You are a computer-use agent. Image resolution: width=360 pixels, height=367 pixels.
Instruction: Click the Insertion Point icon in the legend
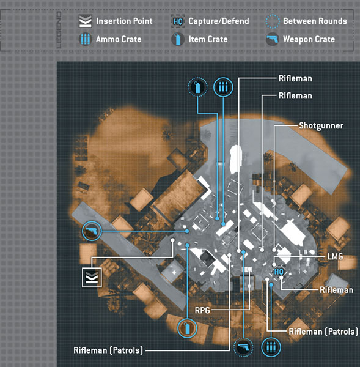(85, 21)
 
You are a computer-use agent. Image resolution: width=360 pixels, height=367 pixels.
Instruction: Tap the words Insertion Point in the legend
(124, 21)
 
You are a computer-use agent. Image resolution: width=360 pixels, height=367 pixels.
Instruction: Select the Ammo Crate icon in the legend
(85, 39)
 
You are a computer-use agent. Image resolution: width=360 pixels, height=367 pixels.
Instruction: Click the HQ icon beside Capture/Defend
(178, 21)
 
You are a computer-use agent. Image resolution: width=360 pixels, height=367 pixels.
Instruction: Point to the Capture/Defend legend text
(219, 21)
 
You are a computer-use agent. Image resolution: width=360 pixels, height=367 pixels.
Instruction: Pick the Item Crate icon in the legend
(178, 39)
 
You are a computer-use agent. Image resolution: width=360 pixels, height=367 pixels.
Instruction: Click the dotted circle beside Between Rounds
(273, 21)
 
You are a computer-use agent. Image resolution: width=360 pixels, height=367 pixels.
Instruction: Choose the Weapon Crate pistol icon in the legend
(273, 39)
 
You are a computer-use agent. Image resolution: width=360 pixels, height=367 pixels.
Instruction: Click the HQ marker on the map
(279, 272)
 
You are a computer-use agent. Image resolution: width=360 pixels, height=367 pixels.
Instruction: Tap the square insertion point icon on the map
(92, 277)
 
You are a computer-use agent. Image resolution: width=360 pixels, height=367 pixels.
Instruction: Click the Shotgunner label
(321, 125)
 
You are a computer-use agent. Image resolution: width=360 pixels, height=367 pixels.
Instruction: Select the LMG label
(335, 256)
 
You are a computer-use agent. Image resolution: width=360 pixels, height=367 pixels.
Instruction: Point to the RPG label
(202, 310)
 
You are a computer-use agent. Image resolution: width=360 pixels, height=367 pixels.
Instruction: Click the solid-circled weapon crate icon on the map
(92, 231)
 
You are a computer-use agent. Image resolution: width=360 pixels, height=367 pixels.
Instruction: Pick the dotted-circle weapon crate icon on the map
(243, 347)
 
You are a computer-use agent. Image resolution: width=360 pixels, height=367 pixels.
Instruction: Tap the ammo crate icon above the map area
(223, 87)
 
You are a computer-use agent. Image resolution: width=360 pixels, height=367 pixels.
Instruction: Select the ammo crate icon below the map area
(271, 347)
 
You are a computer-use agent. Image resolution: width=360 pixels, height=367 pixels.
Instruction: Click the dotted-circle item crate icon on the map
(197, 87)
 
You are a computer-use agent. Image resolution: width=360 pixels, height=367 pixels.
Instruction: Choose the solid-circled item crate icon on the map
(187, 328)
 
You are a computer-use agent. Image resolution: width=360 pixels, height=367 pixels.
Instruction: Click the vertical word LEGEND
(59, 30)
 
